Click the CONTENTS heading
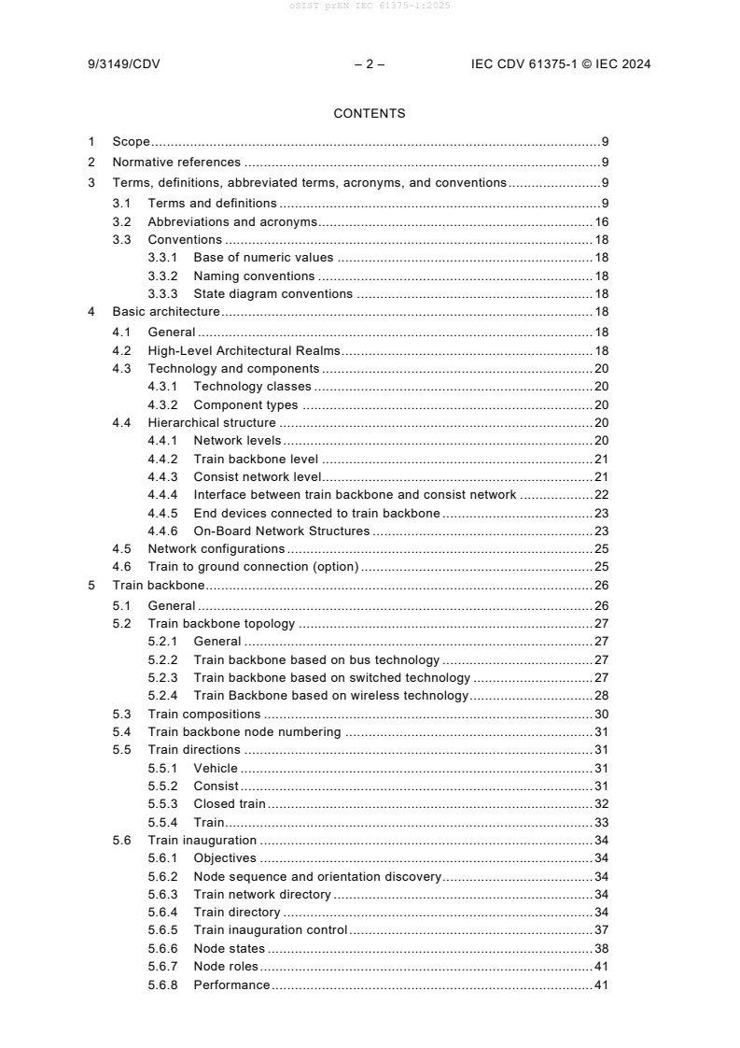click(370, 114)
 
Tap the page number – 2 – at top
click(370, 64)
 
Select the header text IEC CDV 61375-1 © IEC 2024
click(561, 64)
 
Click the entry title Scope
click(132, 142)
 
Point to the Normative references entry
click(176, 163)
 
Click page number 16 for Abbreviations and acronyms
click(602, 222)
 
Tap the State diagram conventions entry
click(272, 293)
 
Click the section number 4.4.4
click(163, 494)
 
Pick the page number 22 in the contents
click(602, 494)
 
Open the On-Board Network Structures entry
click(281, 531)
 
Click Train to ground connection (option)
click(253, 567)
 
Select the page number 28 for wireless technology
click(602, 695)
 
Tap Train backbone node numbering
click(244, 731)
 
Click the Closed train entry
click(230, 803)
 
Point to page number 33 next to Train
click(602, 822)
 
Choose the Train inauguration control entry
click(271, 929)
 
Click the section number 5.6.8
click(163, 984)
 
